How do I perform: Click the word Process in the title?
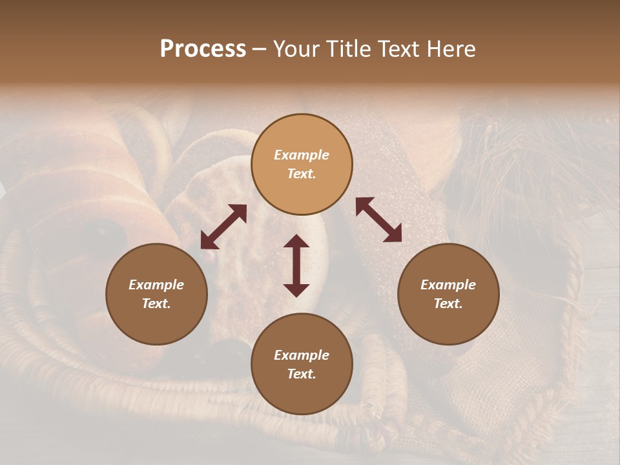point(203,49)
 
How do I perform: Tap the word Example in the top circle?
point(302,155)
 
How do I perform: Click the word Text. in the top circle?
point(302,174)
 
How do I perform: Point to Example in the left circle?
point(156,285)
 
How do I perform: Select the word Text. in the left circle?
point(156,304)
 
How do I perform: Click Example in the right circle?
point(448,285)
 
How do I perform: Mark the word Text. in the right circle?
point(448,304)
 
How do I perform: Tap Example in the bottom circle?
point(302,355)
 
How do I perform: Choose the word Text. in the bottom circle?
point(302,374)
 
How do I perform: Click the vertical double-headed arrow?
point(296,265)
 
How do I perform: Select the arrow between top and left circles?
point(223,227)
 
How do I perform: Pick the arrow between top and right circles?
point(378,220)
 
